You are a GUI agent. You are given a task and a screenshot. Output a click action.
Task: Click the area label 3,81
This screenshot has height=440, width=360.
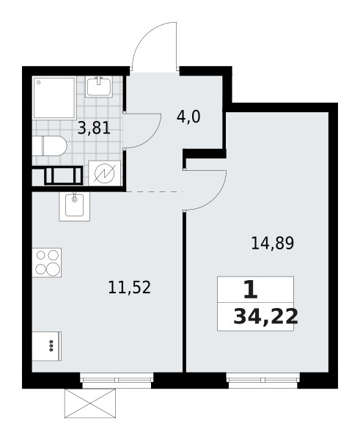(x=95, y=128)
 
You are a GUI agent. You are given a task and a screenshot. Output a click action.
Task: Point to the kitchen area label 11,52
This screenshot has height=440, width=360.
(x=129, y=287)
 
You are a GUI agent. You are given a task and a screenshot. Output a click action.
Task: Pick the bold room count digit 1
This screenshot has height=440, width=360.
(x=250, y=290)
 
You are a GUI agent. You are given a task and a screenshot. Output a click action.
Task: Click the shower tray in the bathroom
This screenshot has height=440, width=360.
(x=54, y=98)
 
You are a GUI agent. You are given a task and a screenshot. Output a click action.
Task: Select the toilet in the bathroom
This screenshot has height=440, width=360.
(x=49, y=147)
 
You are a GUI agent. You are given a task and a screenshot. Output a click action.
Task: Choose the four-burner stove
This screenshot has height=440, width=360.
(x=46, y=263)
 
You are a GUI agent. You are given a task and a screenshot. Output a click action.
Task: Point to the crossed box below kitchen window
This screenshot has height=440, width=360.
(x=90, y=402)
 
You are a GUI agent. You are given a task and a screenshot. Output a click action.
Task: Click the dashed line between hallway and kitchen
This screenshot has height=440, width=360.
(x=154, y=192)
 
